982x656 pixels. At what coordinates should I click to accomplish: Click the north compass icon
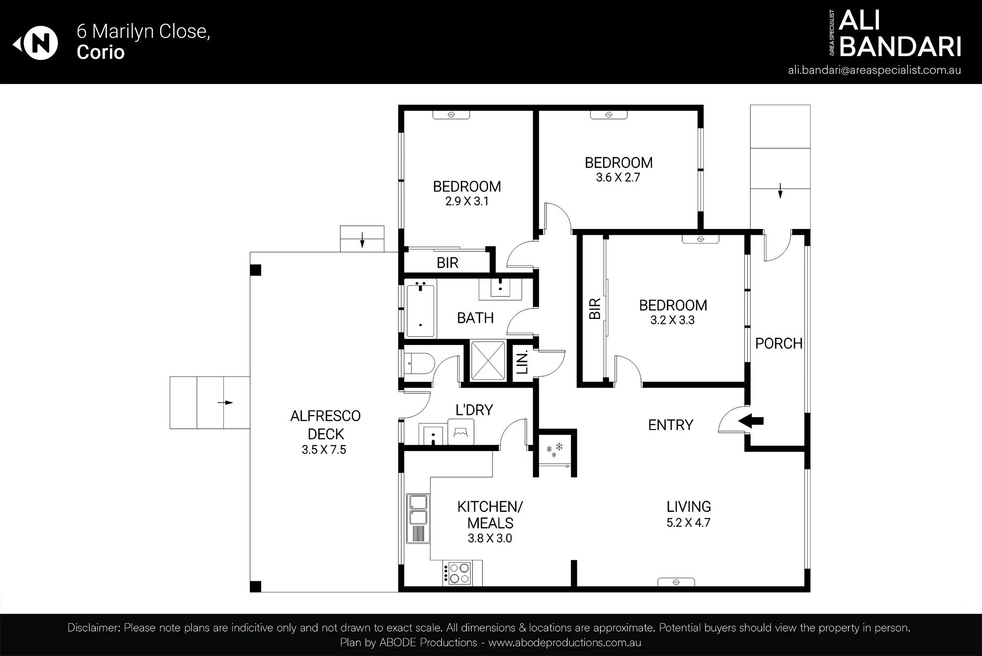point(36,44)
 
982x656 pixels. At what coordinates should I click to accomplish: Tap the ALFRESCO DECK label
point(326,425)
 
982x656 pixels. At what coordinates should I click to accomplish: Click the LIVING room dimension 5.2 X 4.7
point(688,522)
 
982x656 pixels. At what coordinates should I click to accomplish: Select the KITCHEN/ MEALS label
point(490,514)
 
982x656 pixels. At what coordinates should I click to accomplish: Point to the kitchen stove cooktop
point(457,573)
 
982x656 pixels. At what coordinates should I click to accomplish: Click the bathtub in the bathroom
point(421,308)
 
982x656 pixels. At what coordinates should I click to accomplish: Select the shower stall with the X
point(488,361)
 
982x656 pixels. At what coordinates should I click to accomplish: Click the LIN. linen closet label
point(522,362)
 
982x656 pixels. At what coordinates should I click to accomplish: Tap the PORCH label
point(779,343)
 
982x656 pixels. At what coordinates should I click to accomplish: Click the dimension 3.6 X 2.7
point(618,177)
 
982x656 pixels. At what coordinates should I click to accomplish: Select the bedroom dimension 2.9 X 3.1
point(467,201)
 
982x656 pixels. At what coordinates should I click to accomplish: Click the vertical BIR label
point(595,309)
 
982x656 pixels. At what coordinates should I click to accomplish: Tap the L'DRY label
point(474,410)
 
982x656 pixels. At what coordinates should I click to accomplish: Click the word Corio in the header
point(101,52)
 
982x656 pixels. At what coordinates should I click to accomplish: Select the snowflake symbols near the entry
point(554,450)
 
